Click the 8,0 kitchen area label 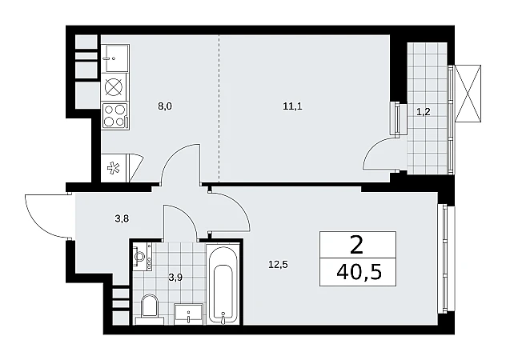(165, 106)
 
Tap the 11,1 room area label (292, 106)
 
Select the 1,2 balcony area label (423, 112)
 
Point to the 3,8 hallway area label (122, 218)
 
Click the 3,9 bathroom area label (175, 278)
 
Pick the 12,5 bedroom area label (278, 265)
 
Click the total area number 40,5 (359, 273)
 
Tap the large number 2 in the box (356, 245)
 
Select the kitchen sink (115, 58)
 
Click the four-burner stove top (115, 116)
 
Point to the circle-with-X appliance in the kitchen (114, 87)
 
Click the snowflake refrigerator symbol (113, 168)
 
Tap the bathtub (223, 285)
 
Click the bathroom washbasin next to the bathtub (188, 314)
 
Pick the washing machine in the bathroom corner (143, 257)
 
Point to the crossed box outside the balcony (468, 94)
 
